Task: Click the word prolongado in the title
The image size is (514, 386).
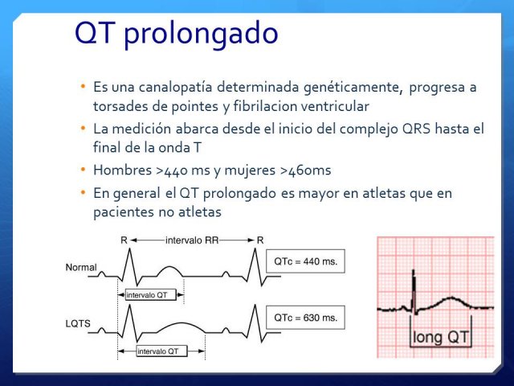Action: pos(201,34)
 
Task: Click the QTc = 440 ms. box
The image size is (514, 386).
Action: pos(305,261)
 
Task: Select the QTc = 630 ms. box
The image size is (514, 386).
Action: pos(305,318)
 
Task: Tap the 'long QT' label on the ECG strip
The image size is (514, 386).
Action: pos(441,337)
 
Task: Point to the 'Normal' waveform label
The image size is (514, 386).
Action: pos(81,267)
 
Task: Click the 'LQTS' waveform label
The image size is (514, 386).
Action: pos(78,323)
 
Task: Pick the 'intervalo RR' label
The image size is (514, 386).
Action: pos(192,240)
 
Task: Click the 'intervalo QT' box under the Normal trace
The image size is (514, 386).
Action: pos(147,295)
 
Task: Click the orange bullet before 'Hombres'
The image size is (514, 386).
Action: pos(83,170)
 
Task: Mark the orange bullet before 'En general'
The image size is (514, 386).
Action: pos(83,191)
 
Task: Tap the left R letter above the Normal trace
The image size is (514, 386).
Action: pos(124,240)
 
